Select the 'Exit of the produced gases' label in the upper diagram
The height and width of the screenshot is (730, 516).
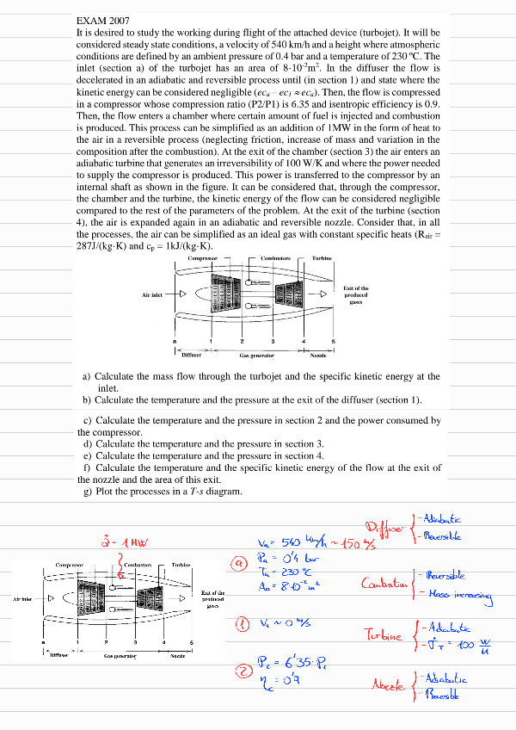point(356,294)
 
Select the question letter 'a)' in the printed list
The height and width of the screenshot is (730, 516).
point(87,376)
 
